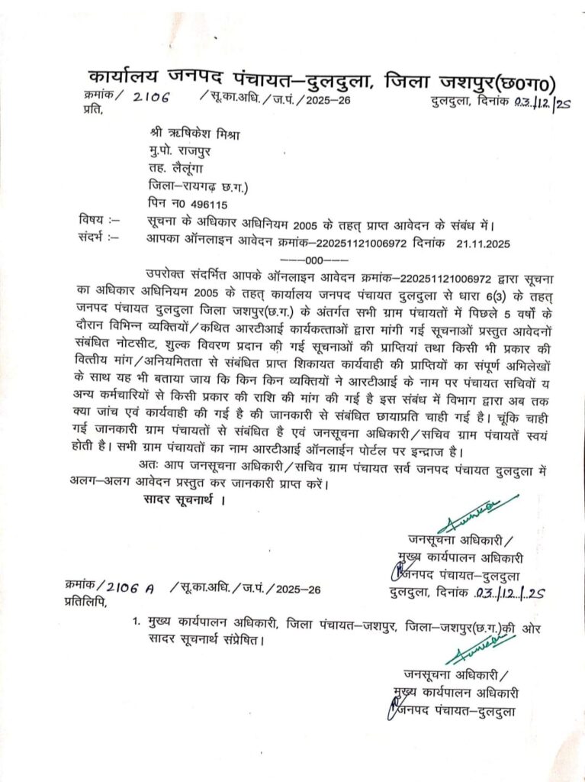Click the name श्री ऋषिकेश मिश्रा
pyautogui.click(x=194, y=136)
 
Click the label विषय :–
pyautogui.click(x=98, y=221)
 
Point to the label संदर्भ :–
pyautogui.click(x=98, y=237)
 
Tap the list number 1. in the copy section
pyautogui.click(x=135, y=625)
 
